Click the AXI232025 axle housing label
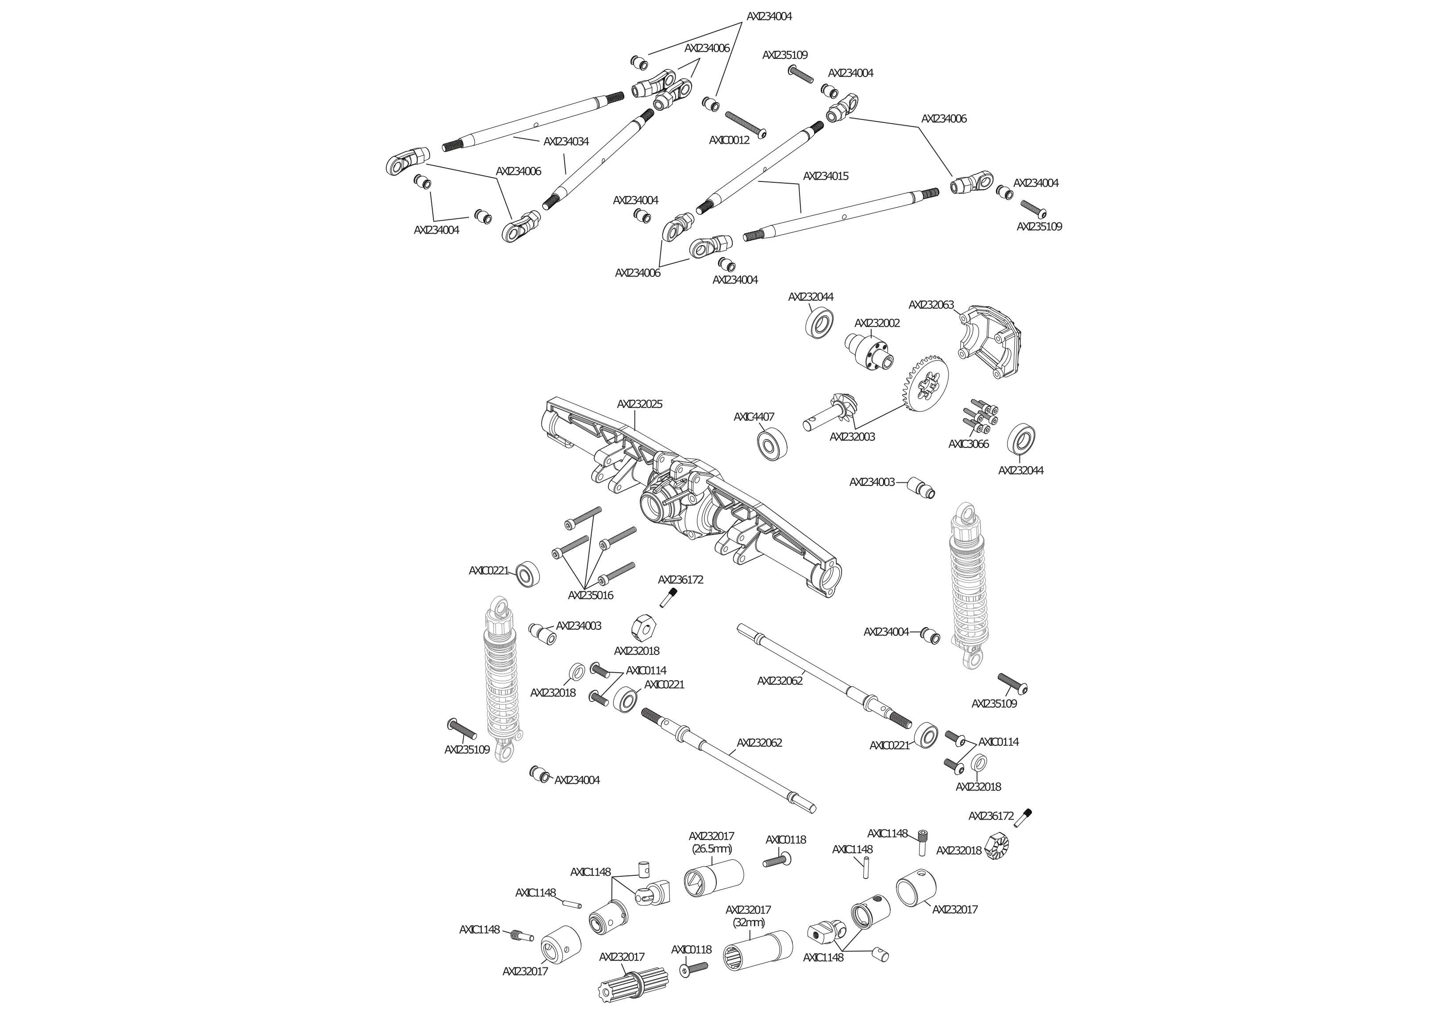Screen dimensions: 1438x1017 point(639,404)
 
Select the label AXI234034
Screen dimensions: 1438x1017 point(566,142)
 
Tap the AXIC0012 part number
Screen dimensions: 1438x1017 point(729,140)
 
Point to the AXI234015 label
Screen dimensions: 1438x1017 point(826,176)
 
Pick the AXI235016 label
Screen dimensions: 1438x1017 point(591,595)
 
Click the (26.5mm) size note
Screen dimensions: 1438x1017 point(711,849)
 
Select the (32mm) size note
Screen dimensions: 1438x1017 point(749,922)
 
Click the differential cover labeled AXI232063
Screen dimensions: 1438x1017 point(991,342)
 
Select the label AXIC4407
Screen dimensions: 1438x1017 point(754,417)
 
